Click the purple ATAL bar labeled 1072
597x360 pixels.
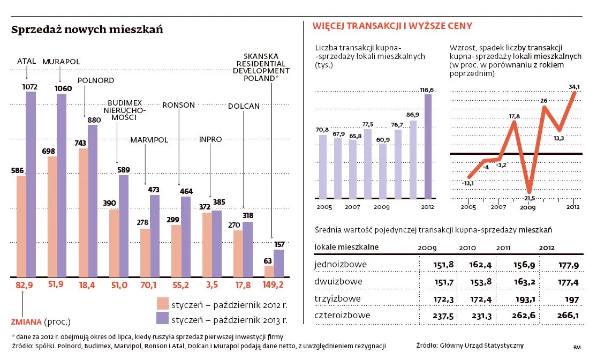[31, 185]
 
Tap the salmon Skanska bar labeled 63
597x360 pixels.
[269, 272]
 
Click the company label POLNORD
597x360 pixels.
[96, 80]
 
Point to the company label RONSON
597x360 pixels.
[178, 105]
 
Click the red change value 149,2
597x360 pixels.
[273, 286]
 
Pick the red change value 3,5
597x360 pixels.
[212, 286]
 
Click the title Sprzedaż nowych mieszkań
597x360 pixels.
[87, 31]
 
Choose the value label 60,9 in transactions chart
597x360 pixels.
[382, 140]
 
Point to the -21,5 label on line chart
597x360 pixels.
[529, 198]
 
